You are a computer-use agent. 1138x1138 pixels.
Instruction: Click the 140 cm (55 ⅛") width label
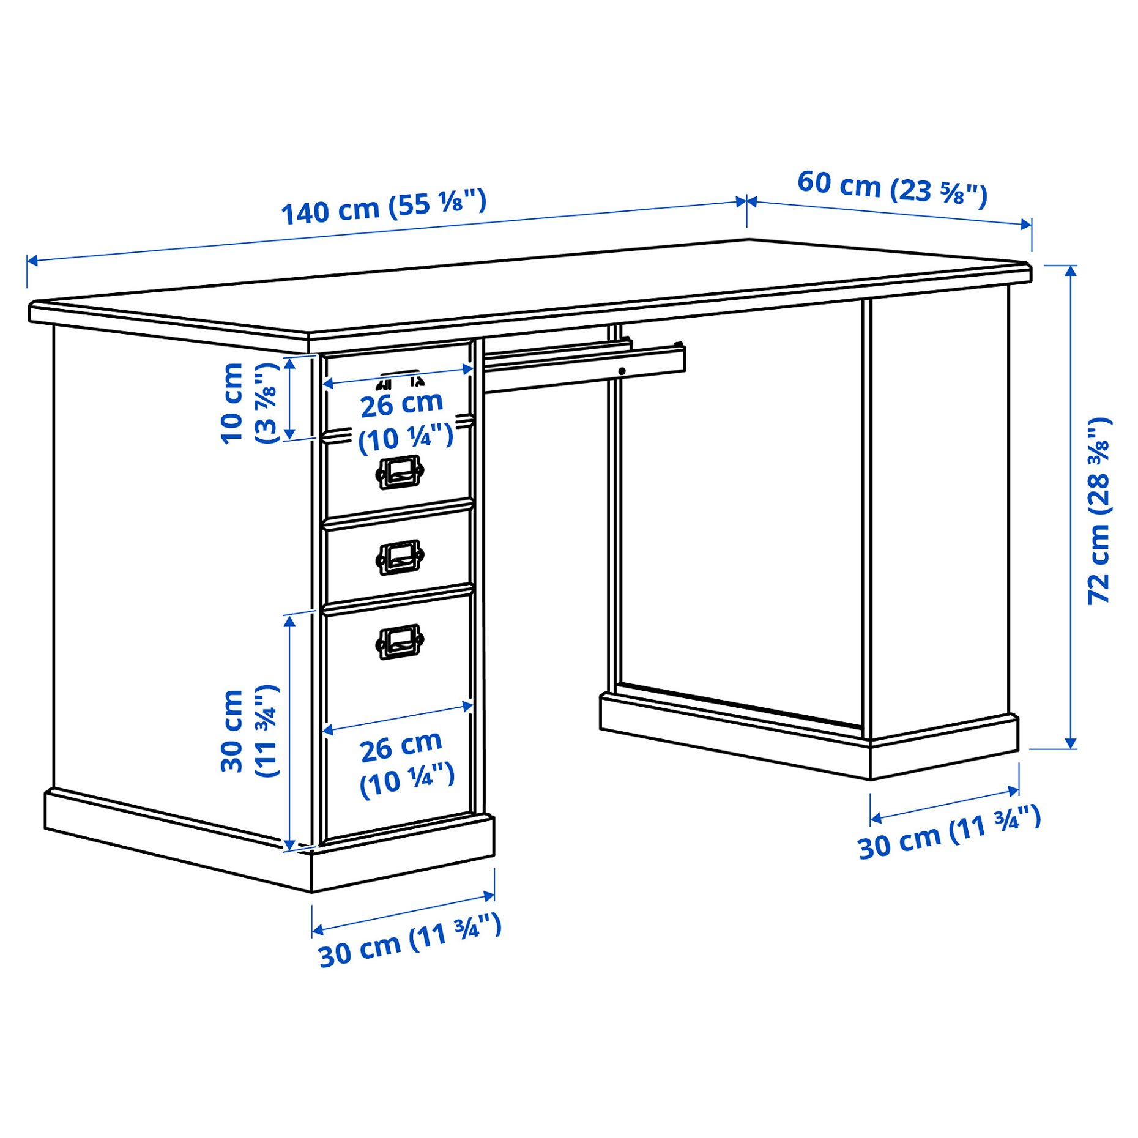pos(384,207)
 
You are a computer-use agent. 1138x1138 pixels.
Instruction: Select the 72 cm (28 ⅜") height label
pos(1099,511)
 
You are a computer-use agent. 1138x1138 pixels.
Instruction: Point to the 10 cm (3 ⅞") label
pos(248,403)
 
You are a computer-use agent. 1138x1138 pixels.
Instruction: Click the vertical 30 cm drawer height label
pos(249,731)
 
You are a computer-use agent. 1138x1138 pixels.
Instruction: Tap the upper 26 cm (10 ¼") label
pos(404,422)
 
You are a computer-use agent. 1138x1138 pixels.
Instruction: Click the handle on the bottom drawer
pos(400,641)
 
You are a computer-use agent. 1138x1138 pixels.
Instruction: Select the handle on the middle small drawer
pos(400,557)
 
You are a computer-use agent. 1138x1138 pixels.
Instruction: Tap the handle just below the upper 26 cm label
pos(400,472)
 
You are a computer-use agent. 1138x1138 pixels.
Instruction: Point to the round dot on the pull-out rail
pos(622,371)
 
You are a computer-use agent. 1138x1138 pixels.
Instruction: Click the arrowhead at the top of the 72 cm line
pos(1070,270)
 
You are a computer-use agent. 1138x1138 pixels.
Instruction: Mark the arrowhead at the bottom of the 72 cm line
pos(1070,743)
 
